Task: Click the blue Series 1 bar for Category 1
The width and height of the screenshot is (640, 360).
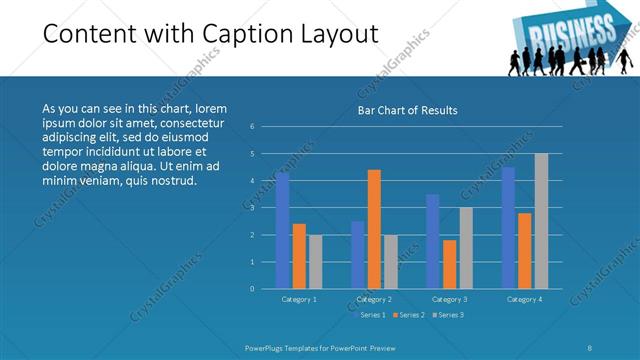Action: [x=283, y=230]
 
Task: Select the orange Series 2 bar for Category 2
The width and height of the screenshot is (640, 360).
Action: [x=374, y=229]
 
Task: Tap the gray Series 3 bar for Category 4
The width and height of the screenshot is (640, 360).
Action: [x=541, y=221]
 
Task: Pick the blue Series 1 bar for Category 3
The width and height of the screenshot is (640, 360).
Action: [x=432, y=241]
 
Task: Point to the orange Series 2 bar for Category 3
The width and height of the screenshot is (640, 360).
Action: [x=449, y=264]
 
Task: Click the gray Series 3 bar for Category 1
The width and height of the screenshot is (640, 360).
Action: [x=315, y=262]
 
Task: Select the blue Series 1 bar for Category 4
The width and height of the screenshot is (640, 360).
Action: [x=508, y=227]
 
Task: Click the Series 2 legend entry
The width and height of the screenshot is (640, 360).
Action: [x=410, y=315]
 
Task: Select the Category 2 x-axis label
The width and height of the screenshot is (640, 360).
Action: [x=374, y=299]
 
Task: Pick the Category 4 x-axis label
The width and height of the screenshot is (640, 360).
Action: [x=524, y=299]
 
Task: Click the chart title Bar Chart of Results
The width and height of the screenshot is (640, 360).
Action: [x=408, y=110]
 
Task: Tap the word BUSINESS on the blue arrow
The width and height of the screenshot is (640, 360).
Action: [x=558, y=35]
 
